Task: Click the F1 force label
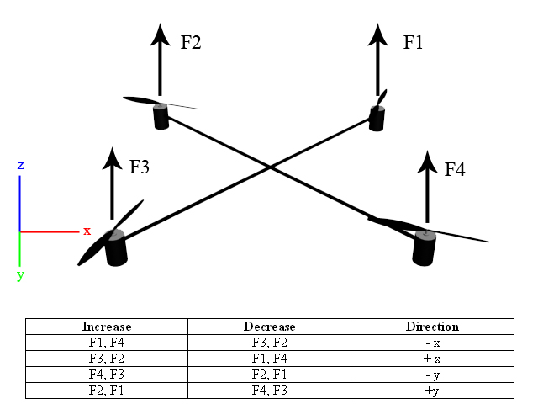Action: [413, 42]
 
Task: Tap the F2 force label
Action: [191, 42]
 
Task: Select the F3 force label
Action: [139, 167]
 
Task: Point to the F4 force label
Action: [455, 169]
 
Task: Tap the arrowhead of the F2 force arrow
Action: [161, 34]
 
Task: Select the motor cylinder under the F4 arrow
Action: [425, 247]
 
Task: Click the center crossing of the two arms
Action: [270, 168]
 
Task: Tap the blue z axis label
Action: [19, 164]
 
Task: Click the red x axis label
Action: [86, 231]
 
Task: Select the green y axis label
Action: [20, 274]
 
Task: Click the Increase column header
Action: [107, 327]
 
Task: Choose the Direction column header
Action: [431, 327]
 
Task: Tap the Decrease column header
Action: [269, 327]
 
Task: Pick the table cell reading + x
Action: [431, 359]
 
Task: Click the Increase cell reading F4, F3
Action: [107, 375]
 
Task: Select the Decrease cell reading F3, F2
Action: [269, 343]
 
